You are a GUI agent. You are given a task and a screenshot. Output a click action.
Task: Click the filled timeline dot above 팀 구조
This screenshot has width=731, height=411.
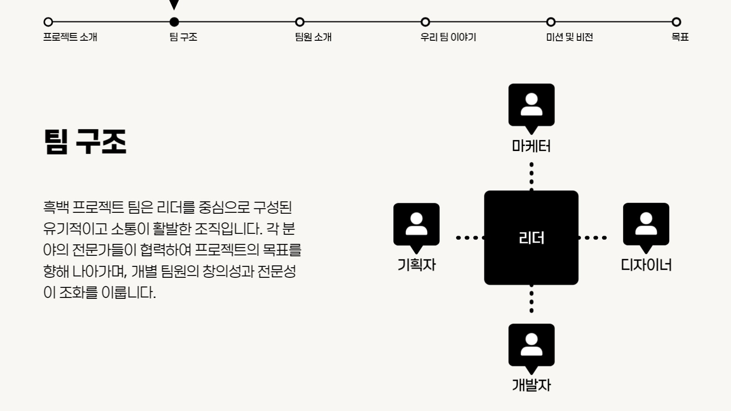click(174, 22)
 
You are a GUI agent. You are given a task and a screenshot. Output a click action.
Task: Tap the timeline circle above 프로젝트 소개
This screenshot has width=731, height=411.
click(48, 22)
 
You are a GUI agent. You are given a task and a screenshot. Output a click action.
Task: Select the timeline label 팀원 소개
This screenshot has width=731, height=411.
click(313, 37)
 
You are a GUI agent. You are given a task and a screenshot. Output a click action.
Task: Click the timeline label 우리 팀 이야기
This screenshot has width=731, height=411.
click(448, 37)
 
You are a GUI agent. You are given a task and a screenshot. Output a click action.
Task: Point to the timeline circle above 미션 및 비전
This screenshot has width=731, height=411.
click(551, 22)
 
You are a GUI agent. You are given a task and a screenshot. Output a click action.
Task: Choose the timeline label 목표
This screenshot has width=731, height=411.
click(680, 37)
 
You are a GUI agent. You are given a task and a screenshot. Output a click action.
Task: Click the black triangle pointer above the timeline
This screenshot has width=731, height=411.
click(174, 5)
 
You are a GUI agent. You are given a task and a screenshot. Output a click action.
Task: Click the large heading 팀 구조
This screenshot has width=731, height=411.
click(85, 141)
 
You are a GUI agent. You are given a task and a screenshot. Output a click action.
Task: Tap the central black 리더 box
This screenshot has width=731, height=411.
click(531, 238)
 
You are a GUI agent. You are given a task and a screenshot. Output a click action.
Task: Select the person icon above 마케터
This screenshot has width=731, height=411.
click(531, 105)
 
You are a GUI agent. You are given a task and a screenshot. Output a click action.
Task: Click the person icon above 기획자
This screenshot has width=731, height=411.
click(416, 224)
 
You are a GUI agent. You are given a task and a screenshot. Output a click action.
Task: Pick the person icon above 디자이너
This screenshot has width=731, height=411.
click(646, 224)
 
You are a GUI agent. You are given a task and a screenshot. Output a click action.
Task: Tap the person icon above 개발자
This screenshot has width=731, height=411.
click(531, 345)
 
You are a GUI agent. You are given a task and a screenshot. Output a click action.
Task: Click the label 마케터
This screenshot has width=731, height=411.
click(531, 146)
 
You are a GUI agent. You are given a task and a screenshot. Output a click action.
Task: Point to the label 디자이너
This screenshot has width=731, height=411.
click(646, 265)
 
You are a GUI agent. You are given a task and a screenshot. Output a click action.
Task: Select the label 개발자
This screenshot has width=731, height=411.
click(531, 385)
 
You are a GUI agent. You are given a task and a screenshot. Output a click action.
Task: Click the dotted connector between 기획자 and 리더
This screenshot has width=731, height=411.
click(470, 238)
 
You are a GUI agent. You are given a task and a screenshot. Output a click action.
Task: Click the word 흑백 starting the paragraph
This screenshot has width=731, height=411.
click(56, 207)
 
